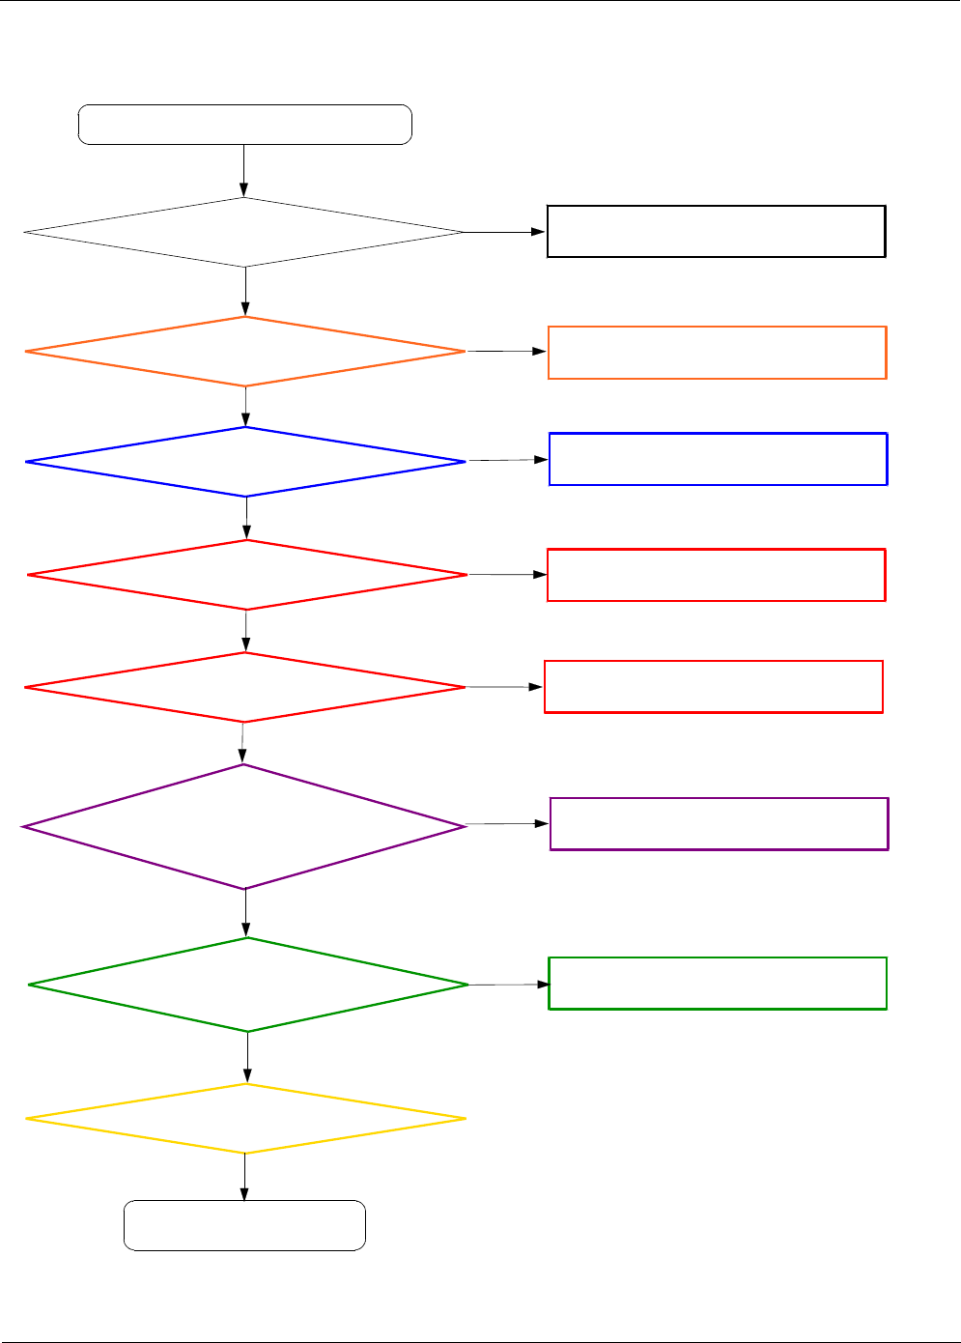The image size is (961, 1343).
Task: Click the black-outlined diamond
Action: tap(244, 233)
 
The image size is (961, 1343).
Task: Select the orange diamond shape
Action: tap(245, 352)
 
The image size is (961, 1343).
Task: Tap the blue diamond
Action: tap(245, 462)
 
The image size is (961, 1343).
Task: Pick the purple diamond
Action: tap(244, 827)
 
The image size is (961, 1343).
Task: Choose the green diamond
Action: tap(248, 985)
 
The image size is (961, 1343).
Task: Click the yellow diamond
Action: tap(245, 1119)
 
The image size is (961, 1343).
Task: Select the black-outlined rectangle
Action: tap(716, 231)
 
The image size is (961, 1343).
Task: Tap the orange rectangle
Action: tap(717, 353)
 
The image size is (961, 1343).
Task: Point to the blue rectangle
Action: tap(718, 459)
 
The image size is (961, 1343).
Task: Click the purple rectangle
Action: tap(719, 823)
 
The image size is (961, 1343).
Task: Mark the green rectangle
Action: tap(717, 984)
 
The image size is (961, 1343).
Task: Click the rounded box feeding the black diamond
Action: tap(244, 125)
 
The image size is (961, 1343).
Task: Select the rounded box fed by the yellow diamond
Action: tap(244, 1226)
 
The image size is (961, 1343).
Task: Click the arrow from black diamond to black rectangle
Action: tap(505, 232)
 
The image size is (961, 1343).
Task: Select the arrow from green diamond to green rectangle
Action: tap(509, 985)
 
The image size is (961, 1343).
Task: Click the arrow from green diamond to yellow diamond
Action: tap(247, 1057)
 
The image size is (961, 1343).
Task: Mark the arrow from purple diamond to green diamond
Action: tap(245, 913)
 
